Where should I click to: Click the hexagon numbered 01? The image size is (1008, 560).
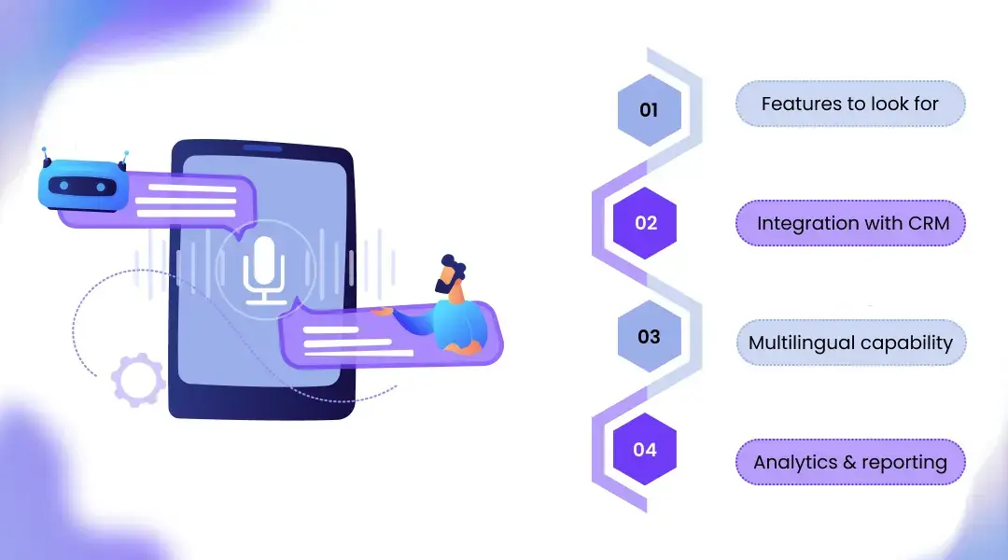tap(649, 110)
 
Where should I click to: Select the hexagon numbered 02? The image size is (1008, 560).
tap(645, 223)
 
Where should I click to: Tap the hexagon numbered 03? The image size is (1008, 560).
tap(649, 337)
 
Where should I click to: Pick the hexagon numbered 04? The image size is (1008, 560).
tap(645, 450)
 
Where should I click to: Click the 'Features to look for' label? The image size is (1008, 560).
tap(849, 104)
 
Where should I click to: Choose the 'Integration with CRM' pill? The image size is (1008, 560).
tap(849, 224)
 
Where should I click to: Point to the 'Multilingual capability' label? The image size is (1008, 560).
tap(849, 343)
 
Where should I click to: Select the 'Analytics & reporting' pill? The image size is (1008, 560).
tap(849, 462)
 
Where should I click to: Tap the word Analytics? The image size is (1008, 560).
tap(792, 462)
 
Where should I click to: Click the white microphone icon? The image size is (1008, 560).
tap(264, 269)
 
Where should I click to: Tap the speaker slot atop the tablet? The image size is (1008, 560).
tap(262, 147)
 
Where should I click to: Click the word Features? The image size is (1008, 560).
tap(793, 104)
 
